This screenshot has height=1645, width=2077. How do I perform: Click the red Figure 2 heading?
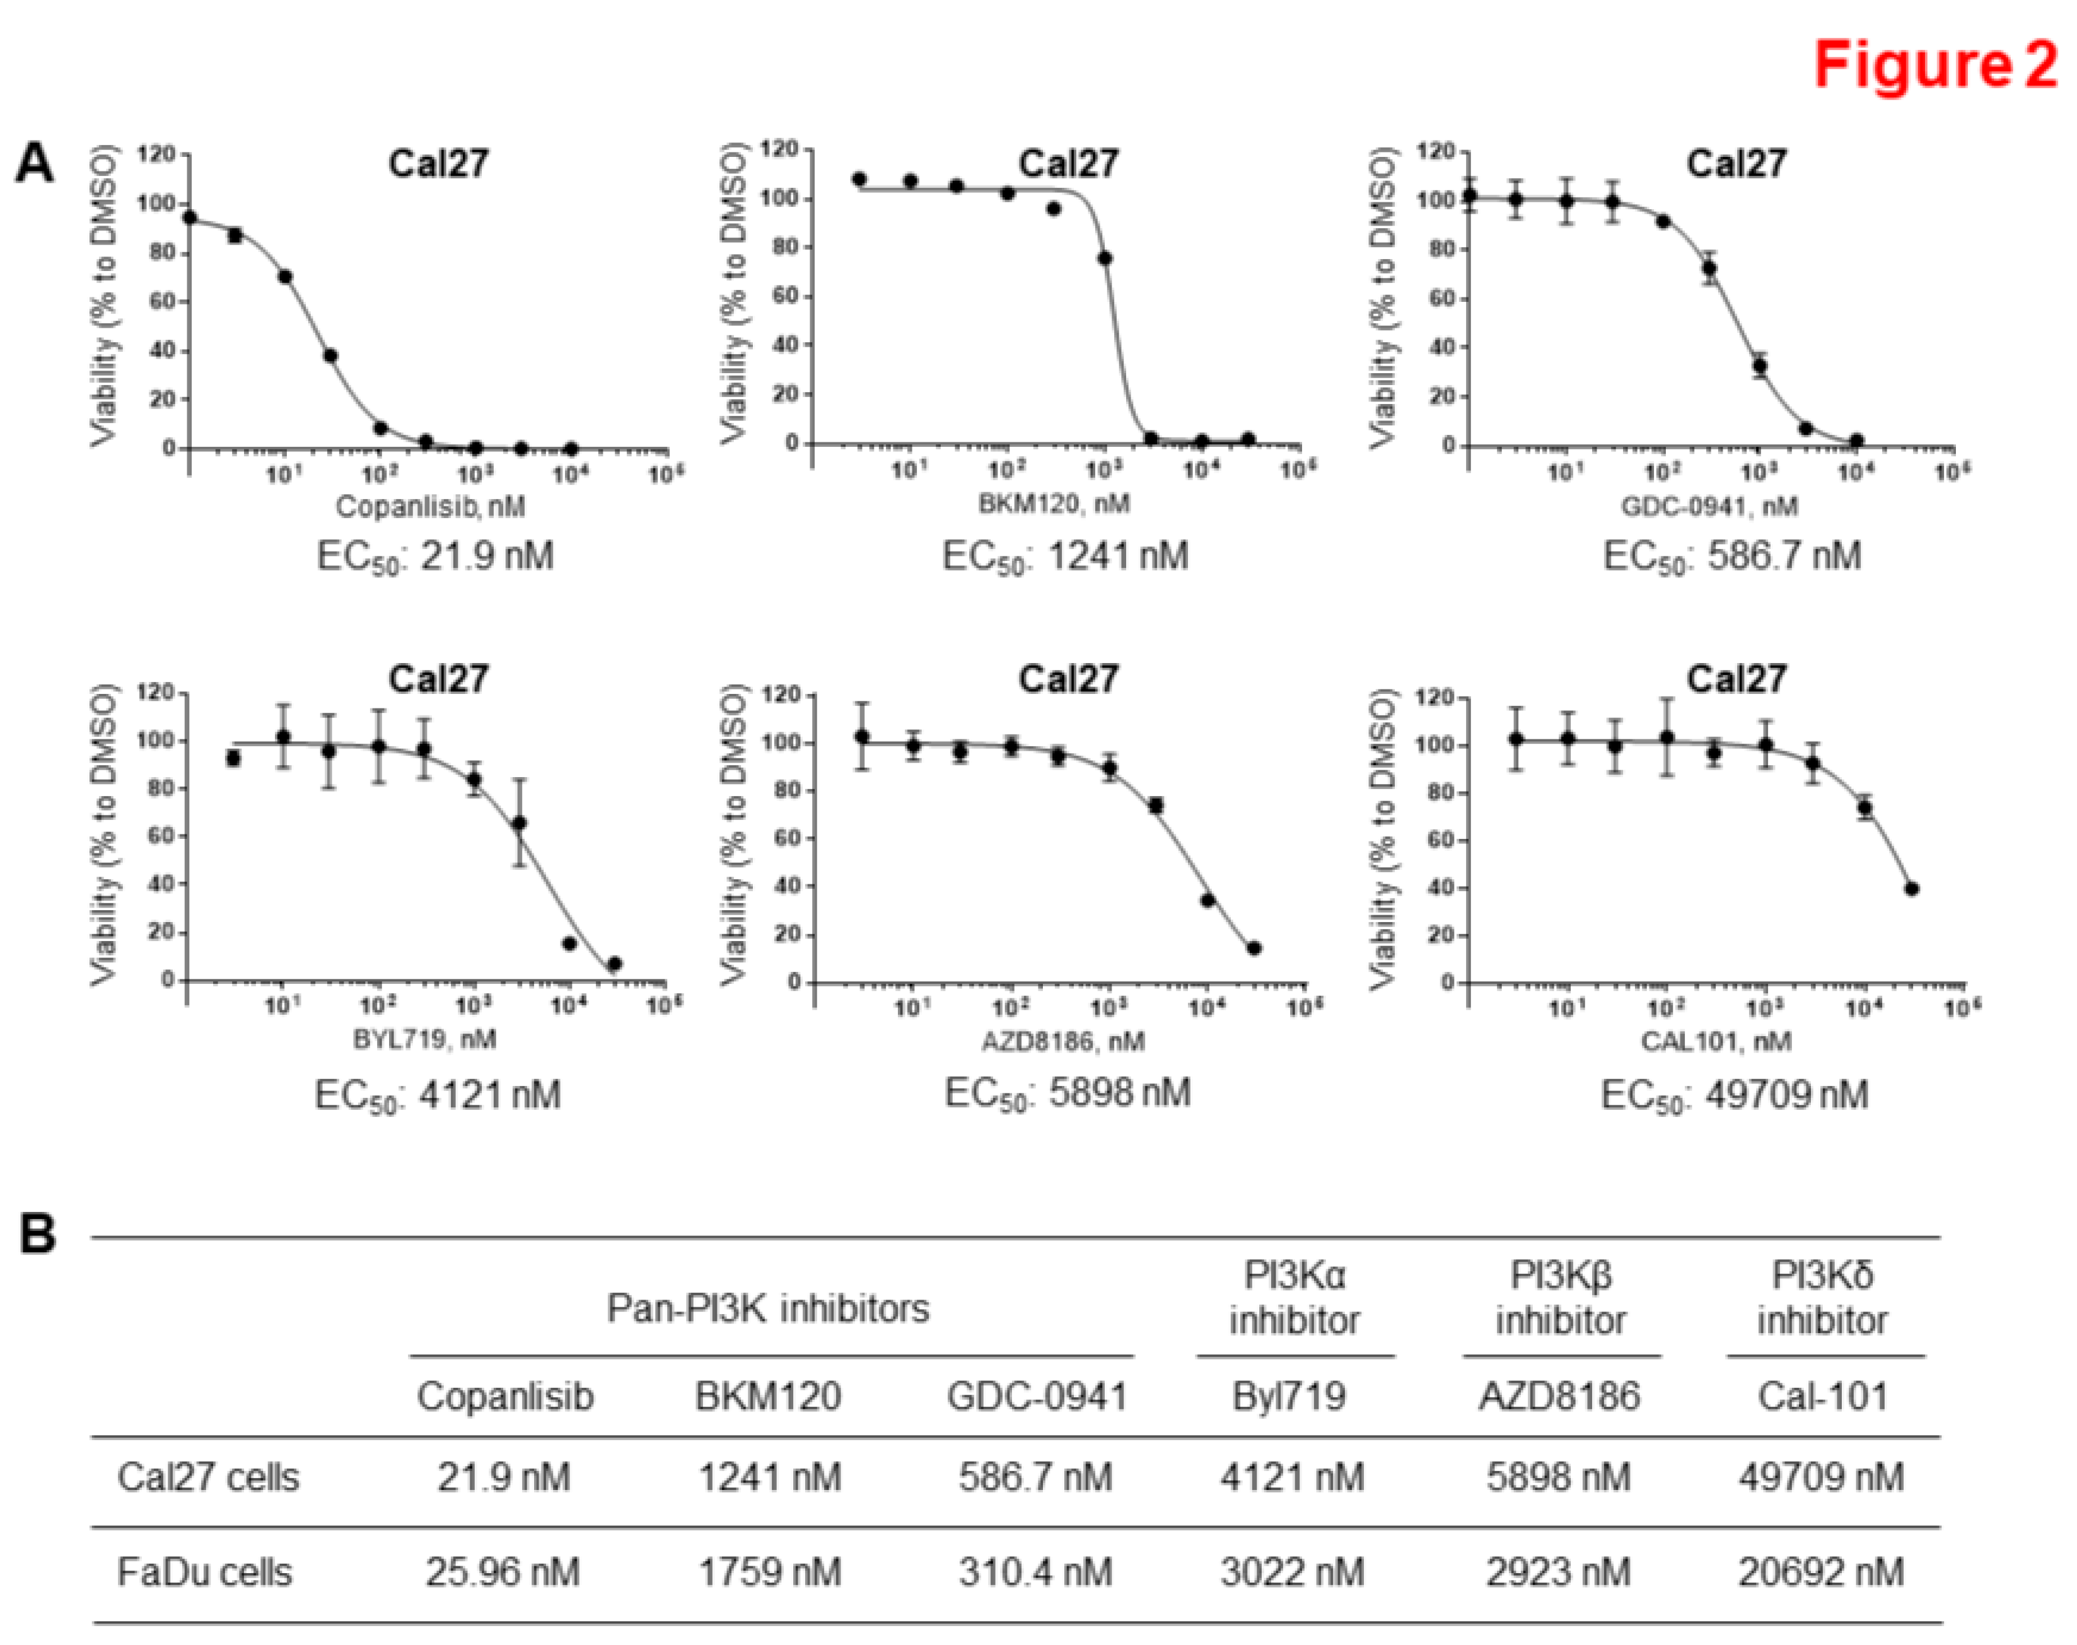click(x=1934, y=66)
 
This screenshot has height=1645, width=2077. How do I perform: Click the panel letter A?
click(x=36, y=164)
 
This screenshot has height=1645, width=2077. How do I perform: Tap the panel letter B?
click(x=38, y=1235)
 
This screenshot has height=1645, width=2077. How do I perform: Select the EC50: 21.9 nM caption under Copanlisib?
click(x=436, y=557)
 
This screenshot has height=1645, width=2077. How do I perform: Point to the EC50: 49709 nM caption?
click(x=1734, y=1095)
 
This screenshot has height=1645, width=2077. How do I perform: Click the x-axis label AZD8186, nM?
click(x=1064, y=1041)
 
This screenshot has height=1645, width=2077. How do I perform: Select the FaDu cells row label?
click(x=204, y=1573)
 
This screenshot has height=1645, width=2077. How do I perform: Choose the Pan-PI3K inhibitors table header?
click(x=768, y=1308)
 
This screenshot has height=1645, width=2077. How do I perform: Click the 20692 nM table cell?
click(x=1821, y=1573)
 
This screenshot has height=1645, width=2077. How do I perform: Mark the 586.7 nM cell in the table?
click(x=1035, y=1477)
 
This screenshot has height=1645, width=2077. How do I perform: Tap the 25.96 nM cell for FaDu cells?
click(x=503, y=1573)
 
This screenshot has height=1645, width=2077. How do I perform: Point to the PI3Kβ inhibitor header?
click(x=1560, y=1297)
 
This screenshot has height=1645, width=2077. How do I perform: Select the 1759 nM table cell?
click(x=769, y=1573)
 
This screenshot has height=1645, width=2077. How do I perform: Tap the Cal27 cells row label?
click(x=208, y=1477)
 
